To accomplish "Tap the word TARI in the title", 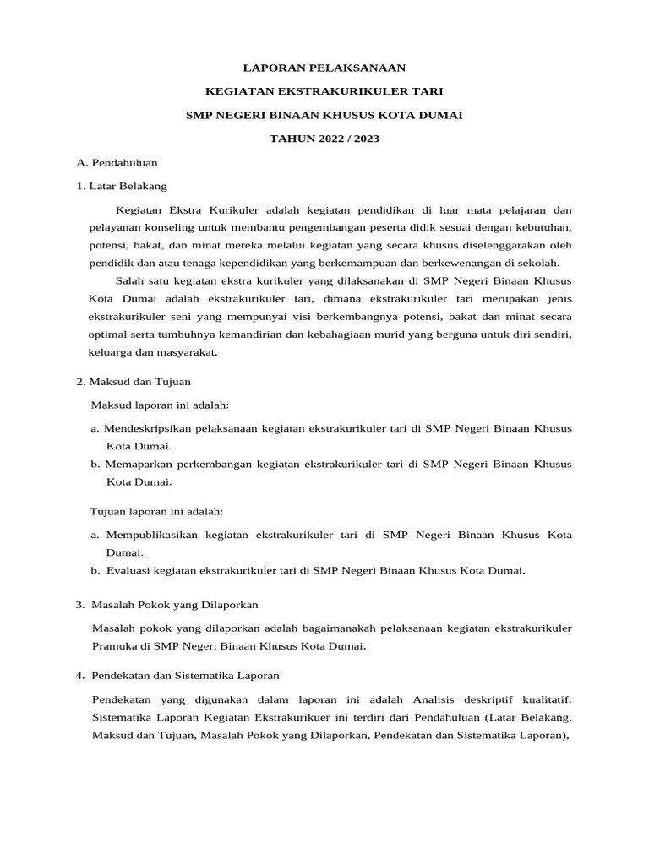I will click(429, 90).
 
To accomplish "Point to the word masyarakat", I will click(189, 352).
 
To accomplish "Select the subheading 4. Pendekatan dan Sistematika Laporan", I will click(177, 676).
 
